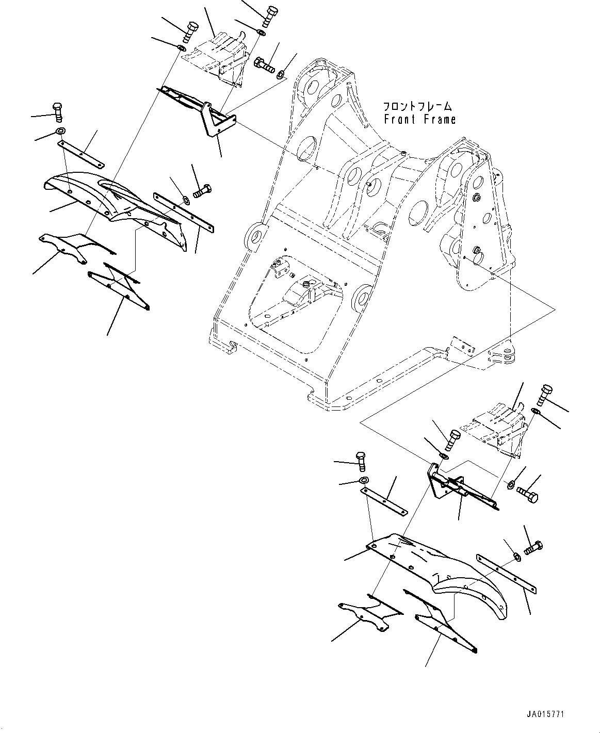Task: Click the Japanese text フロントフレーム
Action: tap(417, 107)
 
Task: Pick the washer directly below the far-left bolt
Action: tap(60, 131)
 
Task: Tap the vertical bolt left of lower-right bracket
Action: tap(361, 460)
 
